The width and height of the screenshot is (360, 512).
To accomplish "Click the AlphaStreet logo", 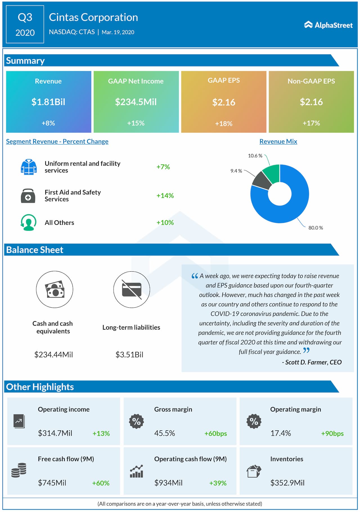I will (328, 25).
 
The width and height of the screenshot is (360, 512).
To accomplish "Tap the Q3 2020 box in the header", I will (25, 24).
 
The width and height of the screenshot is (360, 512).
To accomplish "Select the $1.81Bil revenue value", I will (48, 102).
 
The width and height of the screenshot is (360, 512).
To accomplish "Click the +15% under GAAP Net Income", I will (136, 123).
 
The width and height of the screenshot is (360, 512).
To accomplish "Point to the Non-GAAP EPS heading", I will (311, 81).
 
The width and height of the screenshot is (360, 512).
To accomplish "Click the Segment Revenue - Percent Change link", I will (57, 141).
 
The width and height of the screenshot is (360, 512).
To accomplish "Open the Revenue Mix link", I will (278, 141).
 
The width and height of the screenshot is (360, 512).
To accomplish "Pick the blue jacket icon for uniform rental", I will (28, 167).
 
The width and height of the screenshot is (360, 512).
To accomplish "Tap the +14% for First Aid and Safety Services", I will (165, 195).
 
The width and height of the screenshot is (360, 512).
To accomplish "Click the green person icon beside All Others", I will (28, 222).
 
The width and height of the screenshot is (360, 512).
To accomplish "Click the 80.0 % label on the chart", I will (316, 228).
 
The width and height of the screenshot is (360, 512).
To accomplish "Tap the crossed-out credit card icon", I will (132, 289).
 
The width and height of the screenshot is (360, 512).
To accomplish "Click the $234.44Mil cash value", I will (53, 354).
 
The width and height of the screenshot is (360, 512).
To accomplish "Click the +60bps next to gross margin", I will (215, 433).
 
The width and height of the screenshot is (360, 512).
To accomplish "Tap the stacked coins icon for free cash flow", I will (19, 470).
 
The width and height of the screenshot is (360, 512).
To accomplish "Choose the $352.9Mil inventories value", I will (287, 483).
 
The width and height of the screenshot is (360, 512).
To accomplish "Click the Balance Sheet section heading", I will (35, 250).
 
